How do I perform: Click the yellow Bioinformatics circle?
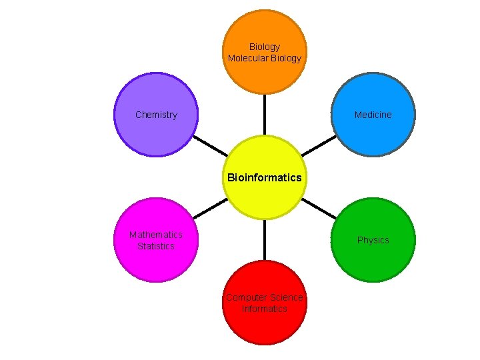(x=264, y=193)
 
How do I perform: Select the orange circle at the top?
(x=265, y=73)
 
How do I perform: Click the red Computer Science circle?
(x=265, y=327)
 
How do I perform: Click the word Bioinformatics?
(x=264, y=177)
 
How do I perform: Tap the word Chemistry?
(x=156, y=115)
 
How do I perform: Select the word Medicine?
(x=373, y=115)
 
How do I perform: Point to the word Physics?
(x=373, y=240)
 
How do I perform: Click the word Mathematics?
(x=156, y=235)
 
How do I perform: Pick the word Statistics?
(x=156, y=246)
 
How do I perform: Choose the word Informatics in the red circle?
(x=265, y=309)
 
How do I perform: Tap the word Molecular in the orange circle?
(x=247, y=58)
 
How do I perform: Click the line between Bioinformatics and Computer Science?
(x=265, y=240)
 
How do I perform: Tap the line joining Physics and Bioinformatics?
(x=319, y=208)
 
